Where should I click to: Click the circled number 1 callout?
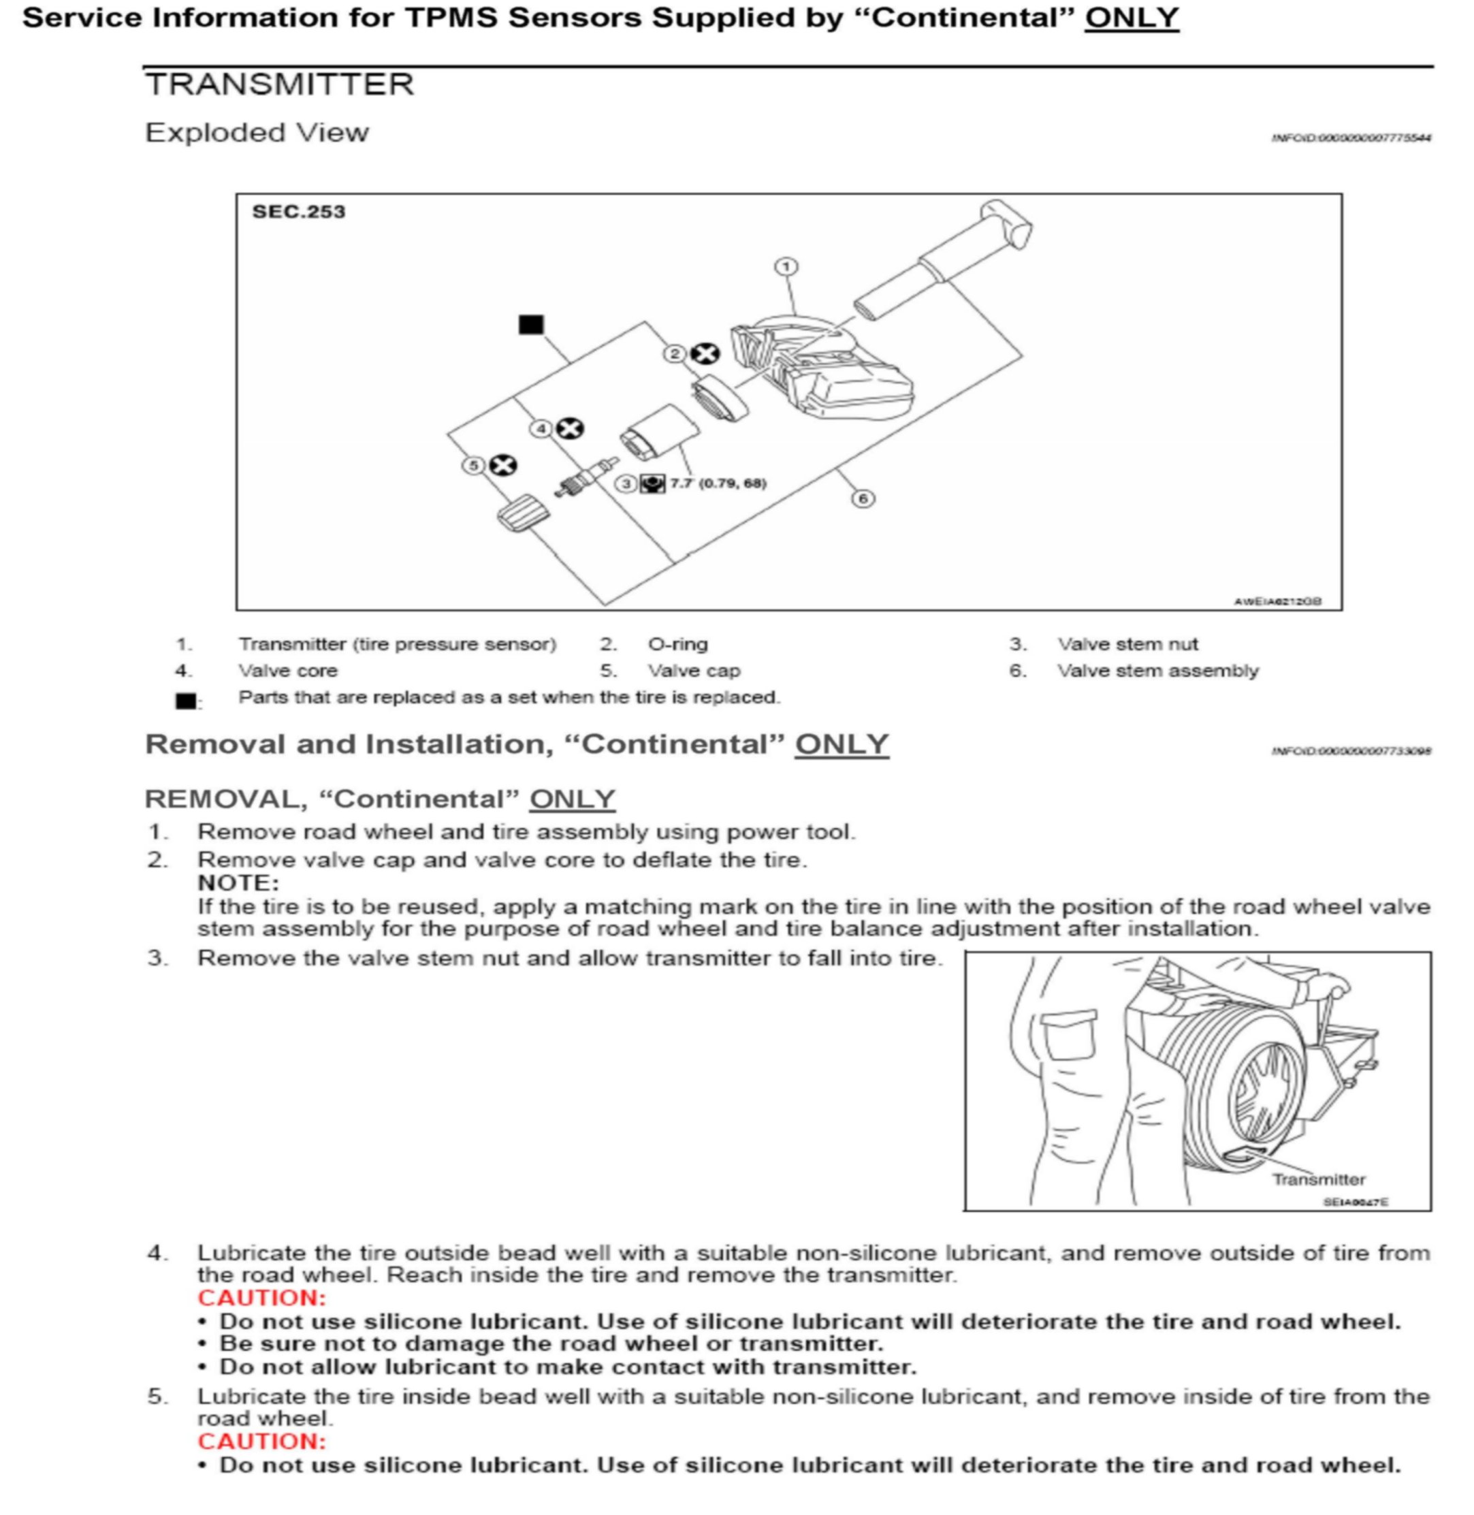point(786,267)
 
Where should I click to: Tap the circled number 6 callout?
point(863,498)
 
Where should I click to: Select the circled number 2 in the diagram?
point(674,354)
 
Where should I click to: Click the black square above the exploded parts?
point(531,324)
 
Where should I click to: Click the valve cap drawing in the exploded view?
point(524,513)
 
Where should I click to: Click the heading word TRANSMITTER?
point(279,84)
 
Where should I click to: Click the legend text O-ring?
point(677,644)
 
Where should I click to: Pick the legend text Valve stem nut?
point(1127,644)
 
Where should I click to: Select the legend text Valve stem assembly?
point(1157,671)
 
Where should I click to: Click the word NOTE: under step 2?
point(238,882)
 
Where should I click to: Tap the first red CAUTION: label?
point(261,1298)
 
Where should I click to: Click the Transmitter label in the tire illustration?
point(1318,1179)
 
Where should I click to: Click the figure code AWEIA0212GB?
point(1277,601)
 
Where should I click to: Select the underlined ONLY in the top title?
point(1131,18)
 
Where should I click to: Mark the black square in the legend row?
point(186,701)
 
